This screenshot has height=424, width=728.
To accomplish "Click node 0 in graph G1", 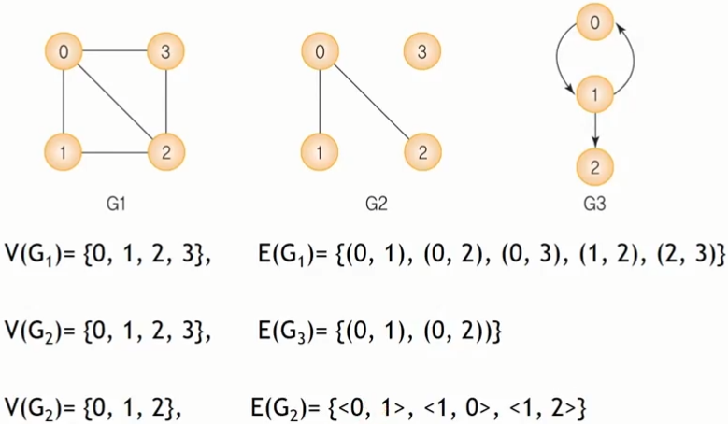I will pyautogui.click(x=64, y=53).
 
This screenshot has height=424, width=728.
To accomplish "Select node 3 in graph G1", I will pyautogui.click(x=165, y=53).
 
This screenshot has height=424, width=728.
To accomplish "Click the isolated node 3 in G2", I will pyautogui.click(x=422, y=53).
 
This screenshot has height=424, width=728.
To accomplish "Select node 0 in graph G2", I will pyautogui.click(x=321, y=53).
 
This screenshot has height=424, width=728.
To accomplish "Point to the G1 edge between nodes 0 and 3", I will pyautogui.click(x=114, y=53).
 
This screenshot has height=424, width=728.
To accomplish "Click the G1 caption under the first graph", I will pyautogui.click(x=117, y=202).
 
